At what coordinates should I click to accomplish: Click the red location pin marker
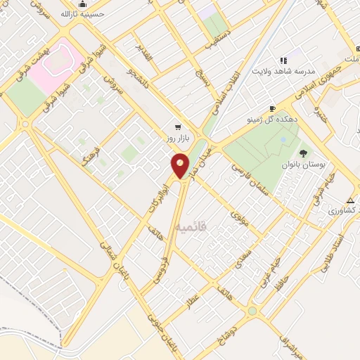point(180,165)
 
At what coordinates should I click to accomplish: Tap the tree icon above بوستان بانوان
point(303,153)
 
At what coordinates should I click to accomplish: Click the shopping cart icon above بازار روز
point(178,128)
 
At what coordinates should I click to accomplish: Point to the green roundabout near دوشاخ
point(252,311)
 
